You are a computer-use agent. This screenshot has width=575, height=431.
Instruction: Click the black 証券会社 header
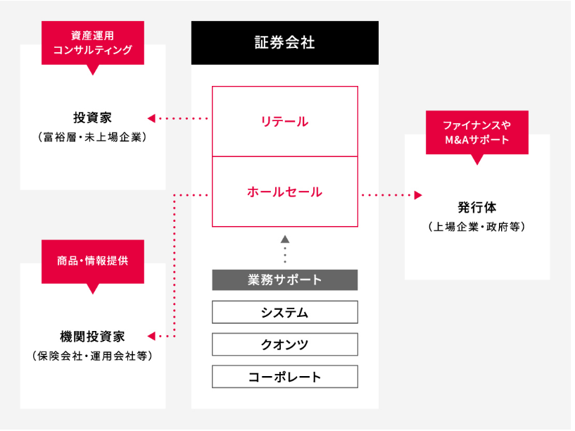285,43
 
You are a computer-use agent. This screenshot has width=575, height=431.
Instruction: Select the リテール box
285,121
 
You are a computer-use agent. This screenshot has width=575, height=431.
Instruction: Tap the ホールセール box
285,192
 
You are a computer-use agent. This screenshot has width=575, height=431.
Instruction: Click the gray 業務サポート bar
285,280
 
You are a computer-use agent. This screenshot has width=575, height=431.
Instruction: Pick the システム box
285,312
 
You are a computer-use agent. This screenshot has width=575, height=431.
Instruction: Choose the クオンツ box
285,344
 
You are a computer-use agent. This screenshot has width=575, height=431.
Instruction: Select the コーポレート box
285,377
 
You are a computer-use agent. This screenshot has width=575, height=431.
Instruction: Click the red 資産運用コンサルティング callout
93,43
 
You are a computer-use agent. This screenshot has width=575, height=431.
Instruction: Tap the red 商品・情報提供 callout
93,262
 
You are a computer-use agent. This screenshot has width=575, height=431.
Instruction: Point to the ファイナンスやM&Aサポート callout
477,133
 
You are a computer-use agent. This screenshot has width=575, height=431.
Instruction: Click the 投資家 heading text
92,118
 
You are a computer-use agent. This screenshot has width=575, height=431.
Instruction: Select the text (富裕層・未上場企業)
92,137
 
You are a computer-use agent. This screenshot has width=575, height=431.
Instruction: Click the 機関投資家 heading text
92,337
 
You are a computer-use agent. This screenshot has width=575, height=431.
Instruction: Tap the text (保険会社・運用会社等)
92,356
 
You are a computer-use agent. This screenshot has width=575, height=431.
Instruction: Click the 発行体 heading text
476,208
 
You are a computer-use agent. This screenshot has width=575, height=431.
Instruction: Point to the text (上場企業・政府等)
476,227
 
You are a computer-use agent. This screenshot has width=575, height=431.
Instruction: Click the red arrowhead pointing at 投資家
151,118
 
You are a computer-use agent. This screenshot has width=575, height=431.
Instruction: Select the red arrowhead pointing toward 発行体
418,195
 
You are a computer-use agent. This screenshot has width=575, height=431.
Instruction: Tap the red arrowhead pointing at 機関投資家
151,336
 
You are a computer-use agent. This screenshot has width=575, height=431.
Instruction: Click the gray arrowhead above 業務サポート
285,239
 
